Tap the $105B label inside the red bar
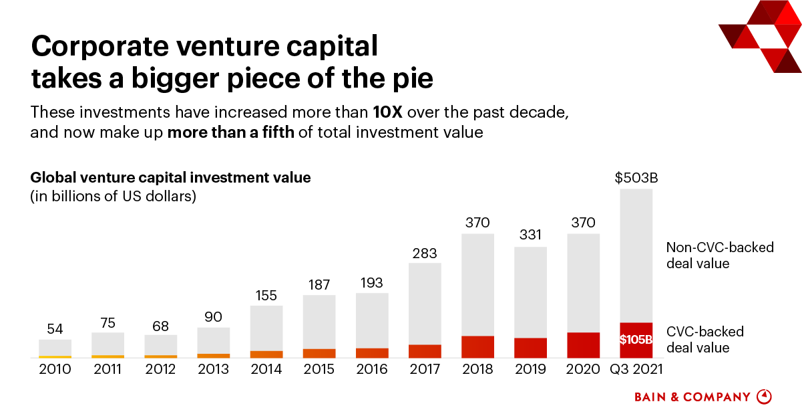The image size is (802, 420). [636, 340]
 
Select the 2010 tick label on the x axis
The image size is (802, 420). [55, 369]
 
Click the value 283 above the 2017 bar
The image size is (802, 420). [425, 253]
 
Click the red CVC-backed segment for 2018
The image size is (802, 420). [477, 346]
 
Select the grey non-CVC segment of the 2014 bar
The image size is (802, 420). [266, 328]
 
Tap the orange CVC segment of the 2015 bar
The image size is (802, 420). [319, 352]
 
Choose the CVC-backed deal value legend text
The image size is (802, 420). [705, 340]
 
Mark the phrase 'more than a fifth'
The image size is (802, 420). [230, 132]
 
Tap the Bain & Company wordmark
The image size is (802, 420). [692, 397]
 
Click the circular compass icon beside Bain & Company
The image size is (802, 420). [764, 397]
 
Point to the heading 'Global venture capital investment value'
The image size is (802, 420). [171, 178]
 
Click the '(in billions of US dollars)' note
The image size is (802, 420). [113, 197]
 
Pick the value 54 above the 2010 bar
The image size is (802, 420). [55, 329]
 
